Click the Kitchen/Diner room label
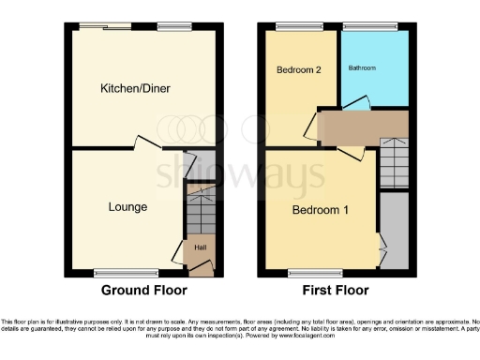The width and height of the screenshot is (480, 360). pyautogui.click(x=142, y=88)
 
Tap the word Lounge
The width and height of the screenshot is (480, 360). pyautogui.click(x=128, y=206)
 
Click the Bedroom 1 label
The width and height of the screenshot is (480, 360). pyautogui.click(x=322, y=210)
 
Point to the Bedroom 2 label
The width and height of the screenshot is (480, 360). pyautogui.click(x=296, y=70)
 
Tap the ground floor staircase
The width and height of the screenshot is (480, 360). pyautogui.click(x=200, y=211)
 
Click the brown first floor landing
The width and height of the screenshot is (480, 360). pyautogui.click(x=361, y=125)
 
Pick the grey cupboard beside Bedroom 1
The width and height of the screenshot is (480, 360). pyautogui.click(x=395, y=230)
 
